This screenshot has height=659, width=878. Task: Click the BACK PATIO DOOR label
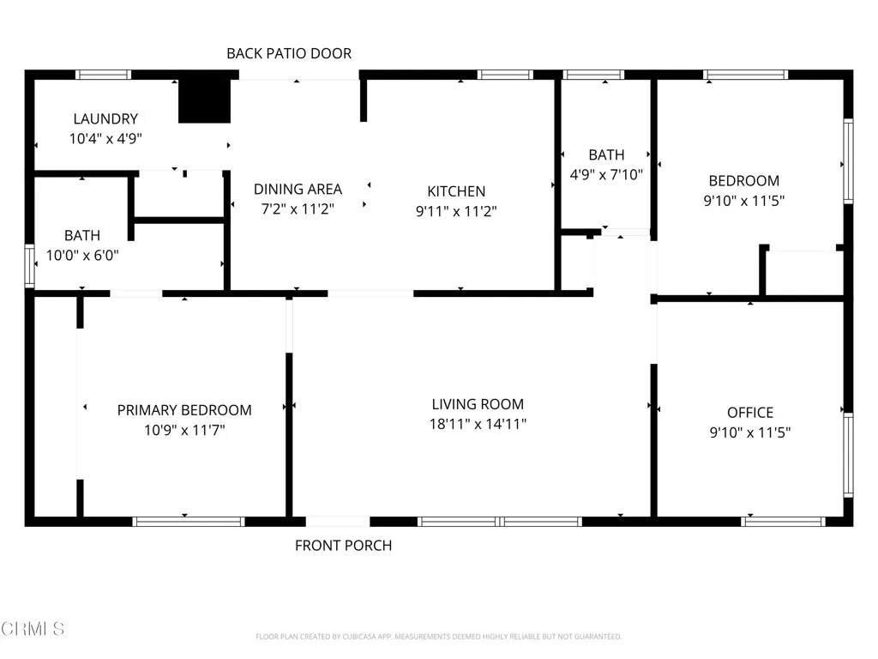click(289, 53)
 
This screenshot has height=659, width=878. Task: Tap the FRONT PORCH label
click(343, 545)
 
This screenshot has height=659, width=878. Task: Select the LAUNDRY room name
click(105, 118)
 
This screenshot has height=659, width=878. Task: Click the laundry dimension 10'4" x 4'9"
click(105, 138)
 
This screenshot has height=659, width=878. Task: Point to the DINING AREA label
click(298, 189)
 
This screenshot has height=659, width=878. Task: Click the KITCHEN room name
click(456, 191)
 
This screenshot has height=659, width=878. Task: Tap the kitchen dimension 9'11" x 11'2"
click(456, 211)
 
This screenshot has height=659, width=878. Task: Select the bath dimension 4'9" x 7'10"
click(606, 175)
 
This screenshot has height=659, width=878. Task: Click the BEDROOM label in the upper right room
click(744, 180)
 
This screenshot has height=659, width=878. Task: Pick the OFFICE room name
click(750, 413)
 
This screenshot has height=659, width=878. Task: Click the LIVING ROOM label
click(478, 404)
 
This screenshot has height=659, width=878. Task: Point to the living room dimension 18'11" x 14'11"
click(478, 424)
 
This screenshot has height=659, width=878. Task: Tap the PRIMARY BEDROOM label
click(184, 410)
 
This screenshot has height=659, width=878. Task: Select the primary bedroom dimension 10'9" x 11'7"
click(184, 431)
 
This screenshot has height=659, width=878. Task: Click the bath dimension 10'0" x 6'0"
click(82, 256)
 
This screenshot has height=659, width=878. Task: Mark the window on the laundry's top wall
click(103, 75)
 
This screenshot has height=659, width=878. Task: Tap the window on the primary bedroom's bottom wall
click(189, 522)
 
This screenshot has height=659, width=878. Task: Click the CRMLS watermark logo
click(33, 629)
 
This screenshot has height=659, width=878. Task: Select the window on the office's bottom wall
click(784, 522)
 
